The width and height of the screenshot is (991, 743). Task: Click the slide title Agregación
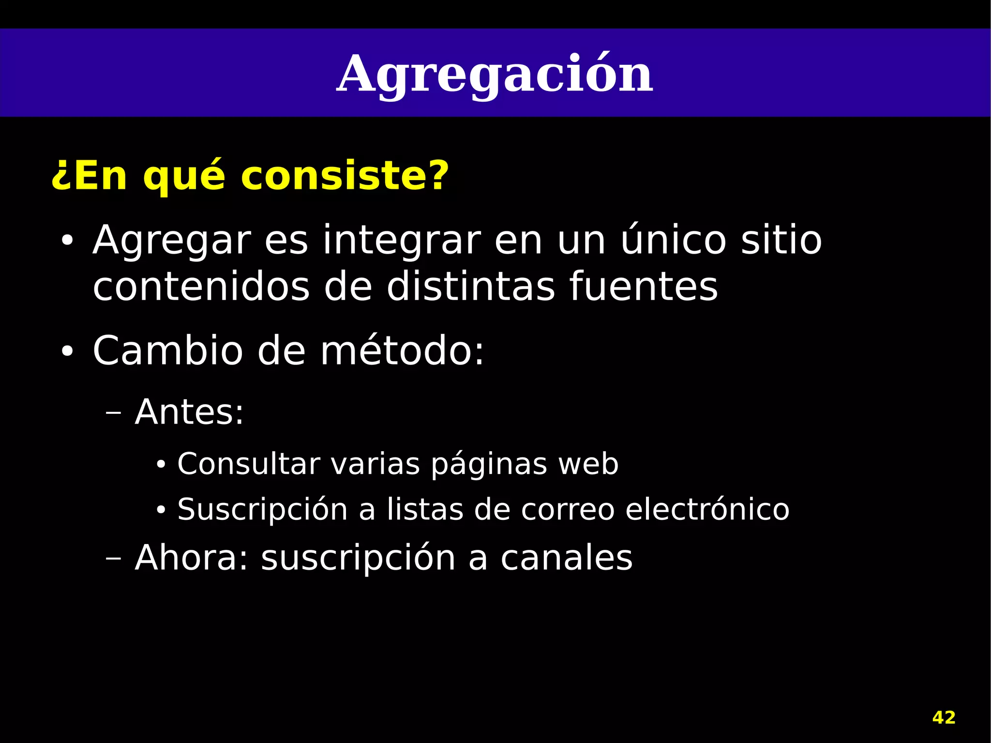[x=495, y=75]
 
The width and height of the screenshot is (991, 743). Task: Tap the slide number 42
[x=944, y=717]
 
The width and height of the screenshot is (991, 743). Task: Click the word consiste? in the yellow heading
[x=345, y=175]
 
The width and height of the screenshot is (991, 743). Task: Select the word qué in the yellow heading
[x=184, y=175]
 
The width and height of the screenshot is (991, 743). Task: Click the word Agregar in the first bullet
[x=172, y=241]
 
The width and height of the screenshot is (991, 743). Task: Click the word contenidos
[x=201, y=287]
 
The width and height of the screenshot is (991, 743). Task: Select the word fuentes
[x=643, y=287]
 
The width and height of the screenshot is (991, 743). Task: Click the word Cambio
[x=167, y=350]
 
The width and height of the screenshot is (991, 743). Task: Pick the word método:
[x=402, y=350]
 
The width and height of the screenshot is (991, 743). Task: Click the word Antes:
[x=189, y=412]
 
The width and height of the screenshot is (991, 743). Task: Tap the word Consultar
[x=249, y=464]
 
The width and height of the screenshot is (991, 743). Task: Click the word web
[x=588, y=464]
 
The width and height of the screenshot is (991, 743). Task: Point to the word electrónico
[x=707, y=509]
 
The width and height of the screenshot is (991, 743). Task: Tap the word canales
[x=566, y=558]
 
